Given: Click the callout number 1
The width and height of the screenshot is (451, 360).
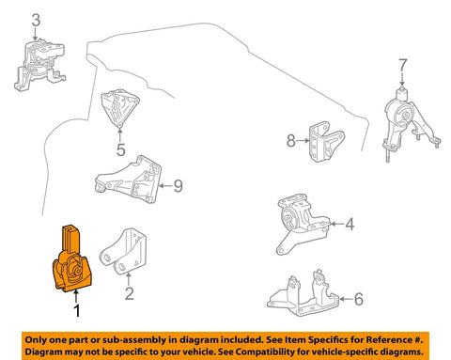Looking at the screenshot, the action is pyautogui.click(x=76, y=311).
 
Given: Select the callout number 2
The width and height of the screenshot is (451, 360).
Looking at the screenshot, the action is pyautogui.click(x=129, y=293).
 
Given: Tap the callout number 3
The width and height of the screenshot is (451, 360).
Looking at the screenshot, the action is pyautogui.click(x=36, y=20).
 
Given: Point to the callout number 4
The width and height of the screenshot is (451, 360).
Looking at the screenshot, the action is pyautogui.click(x=350, y=224).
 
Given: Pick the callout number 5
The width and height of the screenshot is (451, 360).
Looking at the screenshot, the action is pyautogui.click(x=120, y=149).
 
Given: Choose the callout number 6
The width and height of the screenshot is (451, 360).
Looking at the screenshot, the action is pyautogui.click(x=359, y=299).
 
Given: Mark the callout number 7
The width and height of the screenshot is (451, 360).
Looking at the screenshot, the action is pyautogui.click(x=402, y=65).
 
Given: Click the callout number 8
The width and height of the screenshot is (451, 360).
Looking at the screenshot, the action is pyautogui.click(x=291, y=141).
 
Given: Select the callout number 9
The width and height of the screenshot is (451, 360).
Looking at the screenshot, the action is pyautogui.click(x=179, y=186).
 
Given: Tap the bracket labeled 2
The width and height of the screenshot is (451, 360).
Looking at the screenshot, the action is pyautogui.click(x=124, y=252).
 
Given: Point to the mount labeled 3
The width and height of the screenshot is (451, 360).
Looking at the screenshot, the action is pyautogui.click(x=39, y=65).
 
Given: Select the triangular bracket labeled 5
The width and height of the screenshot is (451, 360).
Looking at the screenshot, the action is pyautogui.click(x=119, y=108).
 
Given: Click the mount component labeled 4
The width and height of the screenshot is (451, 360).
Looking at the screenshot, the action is pyautogui.click(x=303, y=223).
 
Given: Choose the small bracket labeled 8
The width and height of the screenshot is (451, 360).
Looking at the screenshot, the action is pyautogui.click(x=327, y=142).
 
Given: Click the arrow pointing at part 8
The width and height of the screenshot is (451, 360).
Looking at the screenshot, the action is pyautogui.click(x=303, y=141).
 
